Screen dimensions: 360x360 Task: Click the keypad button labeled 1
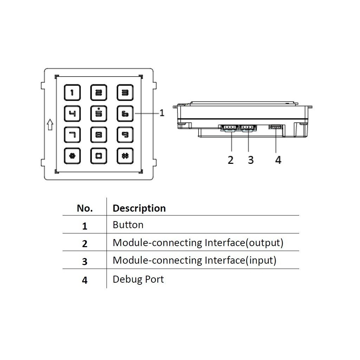click(72, 93)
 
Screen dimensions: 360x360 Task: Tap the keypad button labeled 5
click(99, 114)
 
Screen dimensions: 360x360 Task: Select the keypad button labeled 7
click(72, 134)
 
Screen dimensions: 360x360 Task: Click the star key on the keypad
click(72, 156)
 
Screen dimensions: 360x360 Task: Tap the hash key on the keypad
click(125, 156)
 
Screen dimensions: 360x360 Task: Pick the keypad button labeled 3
click(125, 93)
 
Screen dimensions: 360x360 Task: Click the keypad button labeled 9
click(125, 134)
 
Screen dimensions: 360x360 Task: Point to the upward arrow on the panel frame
click(50, 124)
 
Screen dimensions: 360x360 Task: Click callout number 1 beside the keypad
click(162, 113)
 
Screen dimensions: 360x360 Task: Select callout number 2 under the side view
click(231, 160)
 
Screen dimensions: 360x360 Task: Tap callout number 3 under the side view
click(250, 160)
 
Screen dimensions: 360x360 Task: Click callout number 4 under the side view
click(278, 160)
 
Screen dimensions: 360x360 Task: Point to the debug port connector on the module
click(275, 127)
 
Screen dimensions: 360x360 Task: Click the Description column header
click(139, 208)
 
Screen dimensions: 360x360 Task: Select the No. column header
click(85, 208)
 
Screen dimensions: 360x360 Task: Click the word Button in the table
click(128, 225)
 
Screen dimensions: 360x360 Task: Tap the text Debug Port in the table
click(138, 279)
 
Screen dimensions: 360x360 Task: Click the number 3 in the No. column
click(85, 262)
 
